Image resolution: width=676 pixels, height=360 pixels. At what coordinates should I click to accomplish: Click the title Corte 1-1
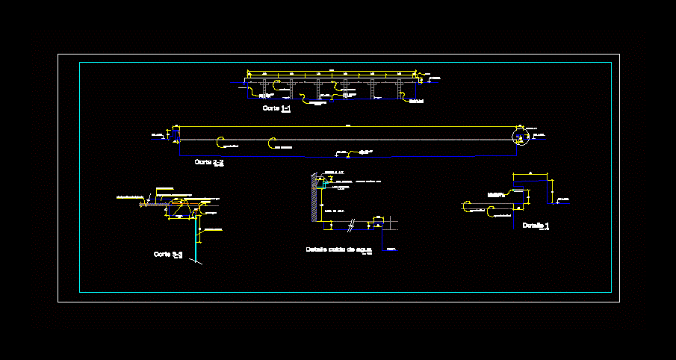(x=276, y=108)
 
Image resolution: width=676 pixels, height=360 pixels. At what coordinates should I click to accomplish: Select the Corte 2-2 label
(x=208, y=161)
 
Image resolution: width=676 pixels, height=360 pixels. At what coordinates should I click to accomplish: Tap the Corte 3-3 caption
(x=168, y=255)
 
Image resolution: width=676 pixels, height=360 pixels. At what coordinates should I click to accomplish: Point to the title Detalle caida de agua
(x=338, y=249)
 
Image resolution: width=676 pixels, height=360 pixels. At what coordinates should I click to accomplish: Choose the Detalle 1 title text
(x=536, y=225)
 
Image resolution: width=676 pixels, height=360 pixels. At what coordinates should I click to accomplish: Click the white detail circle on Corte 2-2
(x=520, y=135)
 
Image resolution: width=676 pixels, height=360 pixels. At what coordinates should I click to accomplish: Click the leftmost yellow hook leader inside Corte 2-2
(x=219, y=141)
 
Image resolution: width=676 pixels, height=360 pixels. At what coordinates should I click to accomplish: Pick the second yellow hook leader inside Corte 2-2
(x=272, y=142)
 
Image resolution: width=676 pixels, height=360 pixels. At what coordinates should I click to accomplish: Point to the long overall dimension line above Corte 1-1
(x=332, y=71)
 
